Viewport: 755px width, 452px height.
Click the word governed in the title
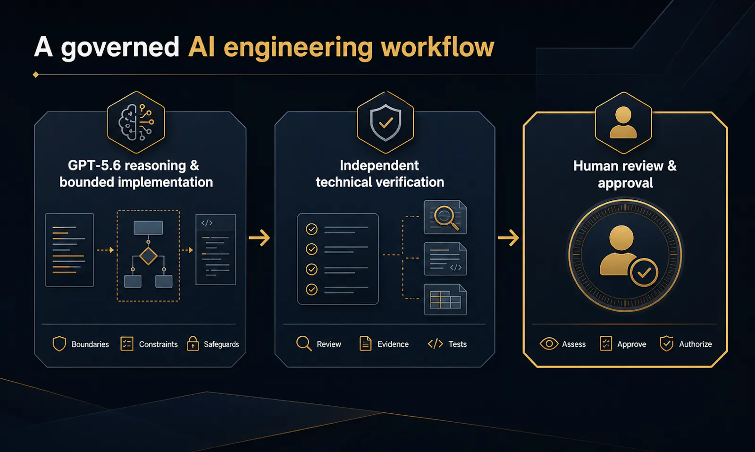pos(120,48)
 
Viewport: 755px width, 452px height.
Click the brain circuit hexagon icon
pos(136,122)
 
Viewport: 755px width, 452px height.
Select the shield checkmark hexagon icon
pos(386,122)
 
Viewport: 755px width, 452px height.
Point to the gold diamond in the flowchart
pos(148,256)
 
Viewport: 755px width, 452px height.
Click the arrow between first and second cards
pos(259,238)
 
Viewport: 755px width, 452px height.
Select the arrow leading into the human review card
pos(508,238)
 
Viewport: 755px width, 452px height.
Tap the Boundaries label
pos(90,344)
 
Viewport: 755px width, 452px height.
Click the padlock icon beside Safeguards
pos(193,343)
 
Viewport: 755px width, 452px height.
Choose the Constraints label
pos(158,344)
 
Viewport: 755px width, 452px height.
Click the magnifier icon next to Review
pos(304,344)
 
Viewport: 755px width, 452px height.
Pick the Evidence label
pos(393,344)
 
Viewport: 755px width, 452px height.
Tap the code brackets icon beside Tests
pos(435,344)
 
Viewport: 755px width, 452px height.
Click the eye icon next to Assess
pos(549,344)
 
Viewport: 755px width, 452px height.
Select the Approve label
pos(632,344)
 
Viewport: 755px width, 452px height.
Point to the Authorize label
pos(696,344)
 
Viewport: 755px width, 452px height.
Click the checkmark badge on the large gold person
pos(644,273)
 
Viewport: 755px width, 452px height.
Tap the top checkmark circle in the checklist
pos(311,230)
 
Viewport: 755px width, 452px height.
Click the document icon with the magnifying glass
pos(445,217)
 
